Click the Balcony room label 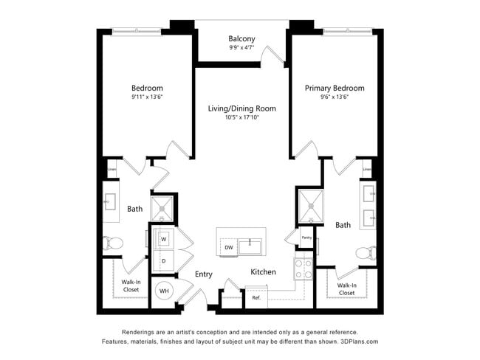(x=241, y=38)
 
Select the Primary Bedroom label (x=335, y=88)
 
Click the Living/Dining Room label (x=241, y=108)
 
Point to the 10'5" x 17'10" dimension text (x=241, y=117)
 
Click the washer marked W (x=164, y=238)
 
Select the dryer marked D (x=164, y=260)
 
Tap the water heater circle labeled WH (x=164, y=291)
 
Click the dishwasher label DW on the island (x=229, y=247)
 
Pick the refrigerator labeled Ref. (x=256, y=298)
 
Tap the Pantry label (x=306, y=238)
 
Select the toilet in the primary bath (x=365, y=253)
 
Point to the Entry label (x=204, y=274)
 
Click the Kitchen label (x=263, y=272)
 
